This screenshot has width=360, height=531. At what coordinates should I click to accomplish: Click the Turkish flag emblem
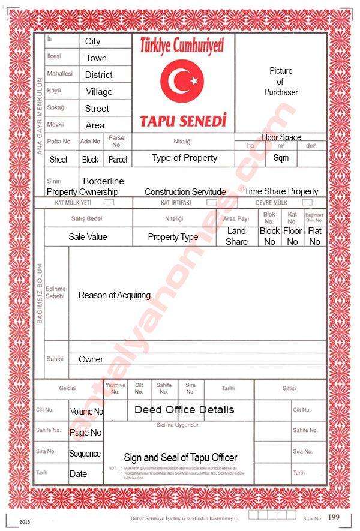tap(182, 80)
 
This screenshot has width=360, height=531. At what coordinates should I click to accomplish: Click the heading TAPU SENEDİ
tap(183, 121)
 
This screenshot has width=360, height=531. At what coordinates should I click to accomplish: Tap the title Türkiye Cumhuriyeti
tap(182, 44)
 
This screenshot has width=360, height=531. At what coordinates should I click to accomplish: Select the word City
tap(93, 41)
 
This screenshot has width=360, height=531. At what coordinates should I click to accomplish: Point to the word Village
tap(99, 92)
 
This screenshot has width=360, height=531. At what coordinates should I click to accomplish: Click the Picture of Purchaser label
tap(281, 82)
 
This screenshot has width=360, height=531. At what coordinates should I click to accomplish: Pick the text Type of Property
tap(184, 158)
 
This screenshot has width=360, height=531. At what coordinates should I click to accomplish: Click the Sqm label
tap(281, 158)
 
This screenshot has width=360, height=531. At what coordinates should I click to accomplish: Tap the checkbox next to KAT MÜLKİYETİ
tap(109, 202)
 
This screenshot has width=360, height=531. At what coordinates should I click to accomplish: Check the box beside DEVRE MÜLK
tap(307, 202)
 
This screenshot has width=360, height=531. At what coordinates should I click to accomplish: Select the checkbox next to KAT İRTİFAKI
tap(211, 202)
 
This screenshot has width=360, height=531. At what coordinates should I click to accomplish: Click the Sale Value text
tap(88, 237)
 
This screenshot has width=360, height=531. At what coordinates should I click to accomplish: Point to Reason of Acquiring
tap(114, 295)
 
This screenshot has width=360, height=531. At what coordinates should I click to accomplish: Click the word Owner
tap(91, 359)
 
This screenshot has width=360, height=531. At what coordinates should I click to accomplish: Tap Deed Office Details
tap(184, 410)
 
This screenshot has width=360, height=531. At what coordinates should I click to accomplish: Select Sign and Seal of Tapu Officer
tap(180, 457)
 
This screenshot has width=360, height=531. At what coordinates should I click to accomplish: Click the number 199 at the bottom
tap(334, 517)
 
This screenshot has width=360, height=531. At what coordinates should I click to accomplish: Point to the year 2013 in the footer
tap(25, 521)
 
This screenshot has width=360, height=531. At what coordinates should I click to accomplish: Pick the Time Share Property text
tap(281, 191)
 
